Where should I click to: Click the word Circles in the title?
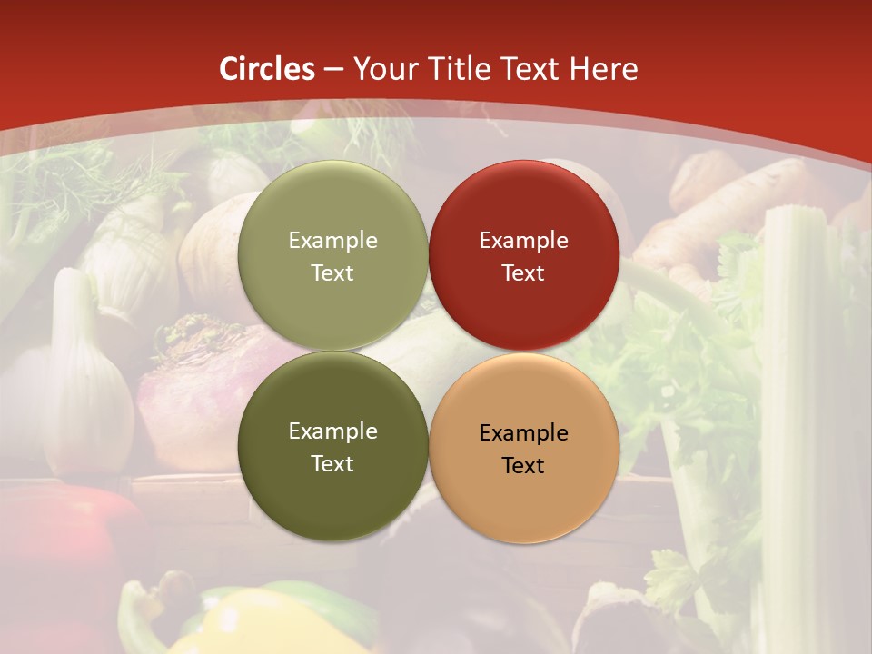[x=267, y=69]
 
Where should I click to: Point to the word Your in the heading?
[x=382, y=69]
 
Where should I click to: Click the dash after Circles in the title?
[x=333, y=70]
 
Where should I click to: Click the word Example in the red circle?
[x=523, y=241]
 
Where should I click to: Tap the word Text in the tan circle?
[x=523, y=465]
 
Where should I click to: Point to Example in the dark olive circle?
[x=332, y=431]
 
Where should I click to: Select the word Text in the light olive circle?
[x=332, y=272]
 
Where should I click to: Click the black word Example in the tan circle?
[x=523, y=433]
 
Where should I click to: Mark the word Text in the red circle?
[x=523, y=272]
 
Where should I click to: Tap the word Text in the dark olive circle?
[x=332, y=463]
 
